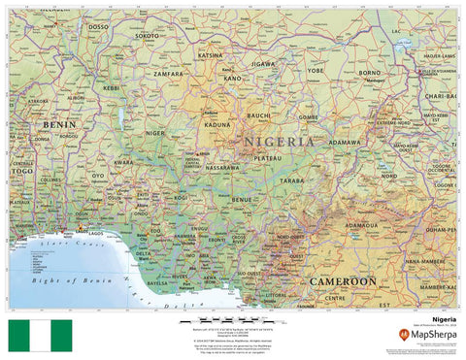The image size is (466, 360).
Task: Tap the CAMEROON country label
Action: pos(344,280)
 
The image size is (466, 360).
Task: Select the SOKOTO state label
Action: pos(148,35)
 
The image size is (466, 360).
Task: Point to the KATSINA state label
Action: pos(211,55)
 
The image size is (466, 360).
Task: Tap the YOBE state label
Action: pos(316,70)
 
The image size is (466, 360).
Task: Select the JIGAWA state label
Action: pos(264,63)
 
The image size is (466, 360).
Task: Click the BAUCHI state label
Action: pos(258,115)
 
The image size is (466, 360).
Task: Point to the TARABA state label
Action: pos(292,180)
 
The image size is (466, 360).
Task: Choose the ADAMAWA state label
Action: pos(345,142)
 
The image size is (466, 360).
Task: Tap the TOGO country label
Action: pos(21,170)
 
